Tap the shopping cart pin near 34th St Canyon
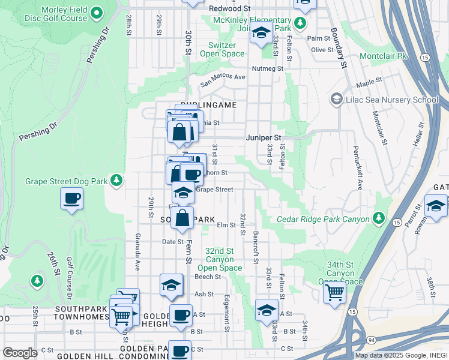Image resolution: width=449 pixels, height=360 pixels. coord(334,293)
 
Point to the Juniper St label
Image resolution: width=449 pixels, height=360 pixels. coord(264,137)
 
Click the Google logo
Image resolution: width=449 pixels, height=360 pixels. coord(20,353)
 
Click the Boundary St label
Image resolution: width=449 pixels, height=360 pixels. coord(338,47)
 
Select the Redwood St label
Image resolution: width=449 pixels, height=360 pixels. coord(230,9)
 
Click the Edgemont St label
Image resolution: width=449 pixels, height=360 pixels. coord(227,312)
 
